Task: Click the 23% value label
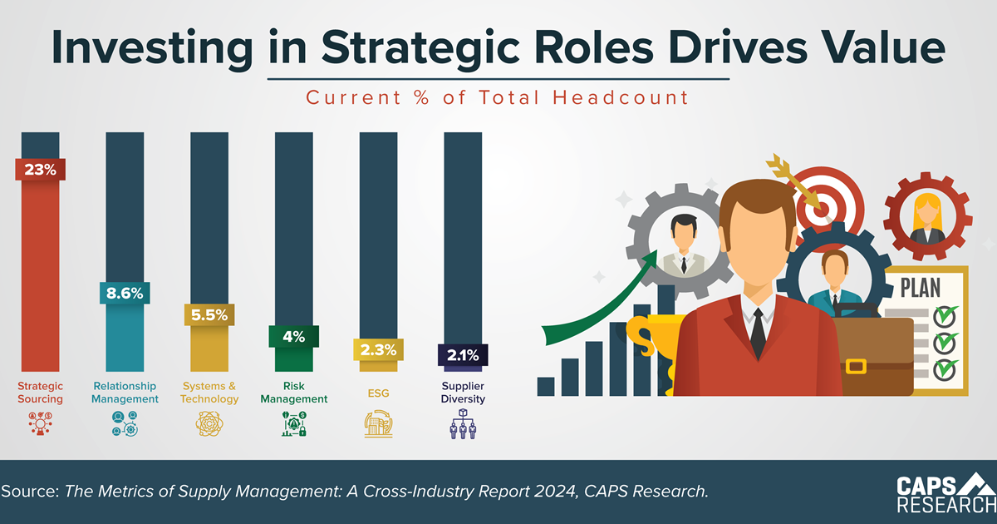coord(40,171)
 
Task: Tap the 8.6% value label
coord(125,293)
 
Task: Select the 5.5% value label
coord(209,316)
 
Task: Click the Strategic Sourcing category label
coord(40,393)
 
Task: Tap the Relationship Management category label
coord(125,393)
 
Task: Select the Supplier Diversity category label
coord(464,393)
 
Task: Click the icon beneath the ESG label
coord(378,425)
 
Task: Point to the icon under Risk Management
coord(293,425)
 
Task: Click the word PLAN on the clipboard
coord(921,289)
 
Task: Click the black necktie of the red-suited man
coord(758,332)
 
